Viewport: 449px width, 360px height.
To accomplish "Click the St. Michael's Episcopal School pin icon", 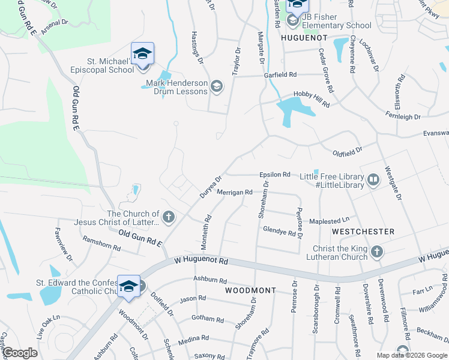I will (x=142, y=54).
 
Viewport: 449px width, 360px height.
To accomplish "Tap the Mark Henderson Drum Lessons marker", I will (x=216, y=88).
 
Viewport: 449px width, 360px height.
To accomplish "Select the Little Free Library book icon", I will (x=373, y=180).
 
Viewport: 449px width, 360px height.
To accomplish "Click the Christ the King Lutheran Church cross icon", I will (x=376, y=252).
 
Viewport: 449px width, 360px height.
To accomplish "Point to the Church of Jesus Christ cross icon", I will (x=169, y=217).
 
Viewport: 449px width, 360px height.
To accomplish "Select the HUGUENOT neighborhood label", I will (x=304, y=38).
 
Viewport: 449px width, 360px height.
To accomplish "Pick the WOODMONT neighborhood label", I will (x=250, y=290).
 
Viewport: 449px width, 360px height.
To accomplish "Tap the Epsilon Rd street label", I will (x=275, y=175).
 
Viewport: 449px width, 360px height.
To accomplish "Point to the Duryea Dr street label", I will (x=211, y=187).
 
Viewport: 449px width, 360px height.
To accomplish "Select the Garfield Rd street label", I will (x=280, y=75).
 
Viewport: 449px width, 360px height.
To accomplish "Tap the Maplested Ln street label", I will (x=329, y=221).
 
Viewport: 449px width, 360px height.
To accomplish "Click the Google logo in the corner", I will (x=20, y=353).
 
